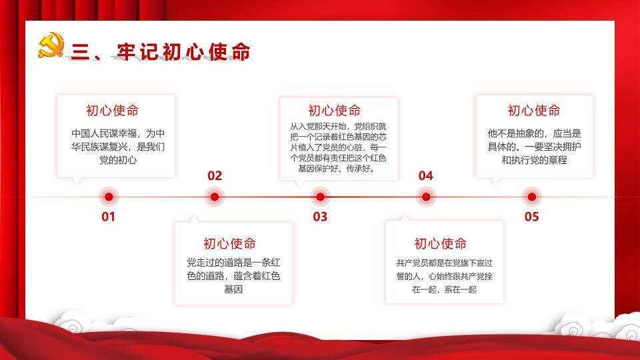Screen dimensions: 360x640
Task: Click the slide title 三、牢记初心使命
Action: coord(160,52)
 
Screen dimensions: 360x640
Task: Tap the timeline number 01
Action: coord(108,217)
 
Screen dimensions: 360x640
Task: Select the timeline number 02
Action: coord(214,176)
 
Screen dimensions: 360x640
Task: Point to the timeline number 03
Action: coord(320,217)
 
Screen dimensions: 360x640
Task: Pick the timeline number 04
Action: coord(425,176)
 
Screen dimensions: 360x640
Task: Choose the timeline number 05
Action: coord(531,217)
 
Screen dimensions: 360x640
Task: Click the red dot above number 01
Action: coord(108,197)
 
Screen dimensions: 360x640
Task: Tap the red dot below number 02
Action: coord(214,197)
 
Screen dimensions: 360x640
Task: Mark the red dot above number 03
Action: coord(320,197)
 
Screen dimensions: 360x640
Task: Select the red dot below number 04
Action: coord(425,197)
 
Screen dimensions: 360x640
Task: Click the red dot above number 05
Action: coord(531,197)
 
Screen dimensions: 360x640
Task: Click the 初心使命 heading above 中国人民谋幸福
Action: coord(113,111)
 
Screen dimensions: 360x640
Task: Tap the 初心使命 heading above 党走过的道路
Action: coord(229,243)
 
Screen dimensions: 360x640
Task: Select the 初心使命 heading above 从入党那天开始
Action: coord(335,111)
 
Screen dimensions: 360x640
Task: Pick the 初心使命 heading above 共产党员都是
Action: coord(441,243)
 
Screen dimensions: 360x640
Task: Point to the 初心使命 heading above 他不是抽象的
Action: coord(534,111)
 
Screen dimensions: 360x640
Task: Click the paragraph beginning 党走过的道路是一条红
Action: coord(233,276)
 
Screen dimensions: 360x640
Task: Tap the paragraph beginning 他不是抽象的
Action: coord(534,147)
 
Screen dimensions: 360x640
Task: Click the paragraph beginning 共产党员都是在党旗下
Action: coord(444,276)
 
